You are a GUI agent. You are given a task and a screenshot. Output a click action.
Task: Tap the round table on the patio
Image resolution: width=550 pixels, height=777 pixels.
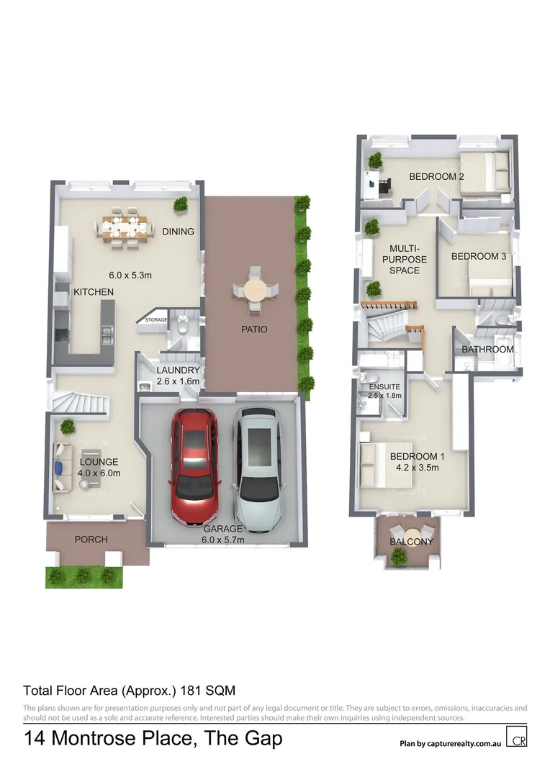[253, 291]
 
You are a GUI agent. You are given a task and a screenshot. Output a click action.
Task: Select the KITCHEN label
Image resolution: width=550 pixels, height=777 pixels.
[94, 292]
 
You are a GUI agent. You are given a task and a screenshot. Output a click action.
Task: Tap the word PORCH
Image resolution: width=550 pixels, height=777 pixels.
[91, 539]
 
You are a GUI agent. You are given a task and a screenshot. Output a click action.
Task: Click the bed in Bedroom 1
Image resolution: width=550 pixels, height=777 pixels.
[385, 465]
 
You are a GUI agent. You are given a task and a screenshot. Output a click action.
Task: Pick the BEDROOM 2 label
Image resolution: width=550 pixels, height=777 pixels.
[436, 176]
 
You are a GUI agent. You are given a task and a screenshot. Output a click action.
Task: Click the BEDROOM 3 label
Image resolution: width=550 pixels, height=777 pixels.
[479, 256]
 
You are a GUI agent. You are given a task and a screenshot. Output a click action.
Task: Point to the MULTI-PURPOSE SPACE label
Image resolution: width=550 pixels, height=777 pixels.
[404, 259]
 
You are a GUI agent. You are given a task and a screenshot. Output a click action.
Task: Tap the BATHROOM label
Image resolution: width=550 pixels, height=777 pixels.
[487, 350]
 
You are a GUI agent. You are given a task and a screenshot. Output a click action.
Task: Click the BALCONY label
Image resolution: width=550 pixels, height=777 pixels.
[411, 541]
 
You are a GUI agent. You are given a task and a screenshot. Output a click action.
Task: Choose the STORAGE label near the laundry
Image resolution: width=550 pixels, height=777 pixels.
[156, 319]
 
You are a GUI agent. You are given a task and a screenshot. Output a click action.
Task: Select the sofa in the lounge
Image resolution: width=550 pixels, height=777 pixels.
[59, 467]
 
